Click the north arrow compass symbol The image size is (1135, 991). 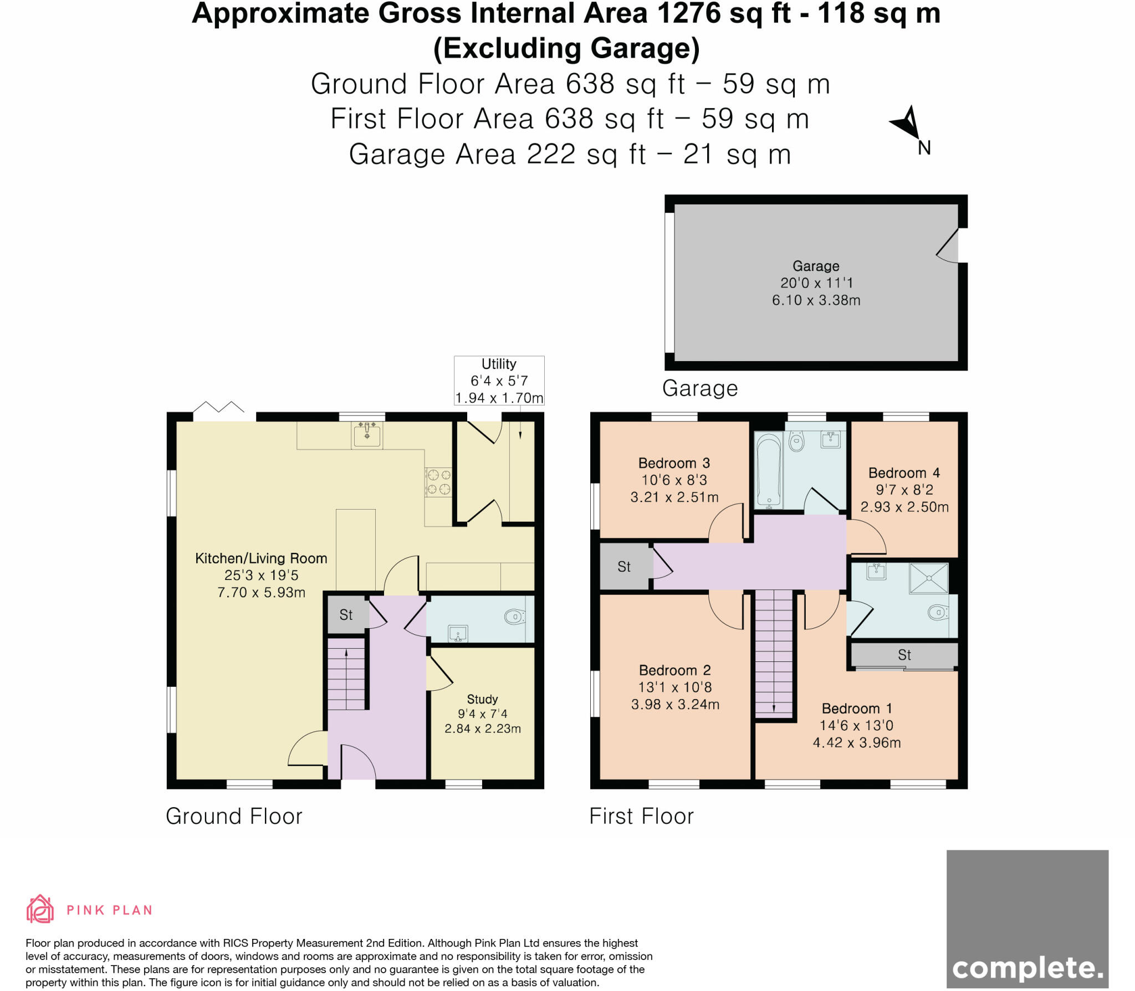pos(908,125)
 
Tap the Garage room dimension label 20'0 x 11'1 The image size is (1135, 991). pos(816,283)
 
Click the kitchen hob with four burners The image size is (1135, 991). pos(438,482)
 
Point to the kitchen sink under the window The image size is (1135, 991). pos(367,434)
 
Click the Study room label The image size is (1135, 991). pos(482,699)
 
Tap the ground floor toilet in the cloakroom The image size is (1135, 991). pos(515,617)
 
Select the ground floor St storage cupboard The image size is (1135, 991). pos(346,615)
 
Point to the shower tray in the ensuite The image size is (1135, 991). pos(929,579)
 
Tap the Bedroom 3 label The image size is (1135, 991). pos(674,463)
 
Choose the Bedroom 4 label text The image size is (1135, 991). pos(904,473)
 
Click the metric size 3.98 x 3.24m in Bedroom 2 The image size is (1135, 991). pos(675,705)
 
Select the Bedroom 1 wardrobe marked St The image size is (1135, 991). pos(904,655)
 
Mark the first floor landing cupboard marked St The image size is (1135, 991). pos(625,567)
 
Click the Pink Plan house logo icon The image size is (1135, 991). pos(40,909)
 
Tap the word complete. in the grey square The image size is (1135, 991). pos(1027,968)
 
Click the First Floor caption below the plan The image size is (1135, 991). pos(641,817)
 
